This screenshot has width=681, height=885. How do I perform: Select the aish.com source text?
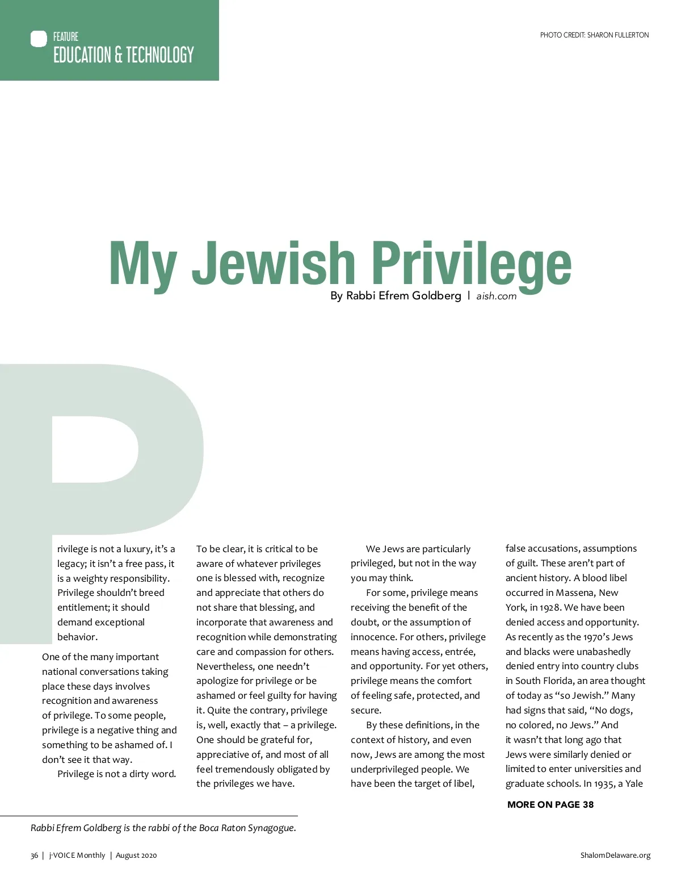coord(497,296)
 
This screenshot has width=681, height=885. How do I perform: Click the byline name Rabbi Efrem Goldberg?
coord(403,296)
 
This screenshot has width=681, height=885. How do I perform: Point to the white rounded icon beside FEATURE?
coord(39,39)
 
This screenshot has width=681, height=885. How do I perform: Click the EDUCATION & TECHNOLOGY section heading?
coord(123,55)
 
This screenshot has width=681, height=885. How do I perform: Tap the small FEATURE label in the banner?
coord(66,37)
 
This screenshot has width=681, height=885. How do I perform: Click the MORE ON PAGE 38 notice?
coord(550,804)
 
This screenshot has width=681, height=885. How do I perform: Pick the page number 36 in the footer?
coord(34,855)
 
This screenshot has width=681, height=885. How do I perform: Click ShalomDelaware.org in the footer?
coord(615,855)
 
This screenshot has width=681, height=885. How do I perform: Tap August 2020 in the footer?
coord(136,855)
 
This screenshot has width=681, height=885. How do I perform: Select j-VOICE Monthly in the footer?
coord(77,855)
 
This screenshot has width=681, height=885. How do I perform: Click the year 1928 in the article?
coord(550,608)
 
